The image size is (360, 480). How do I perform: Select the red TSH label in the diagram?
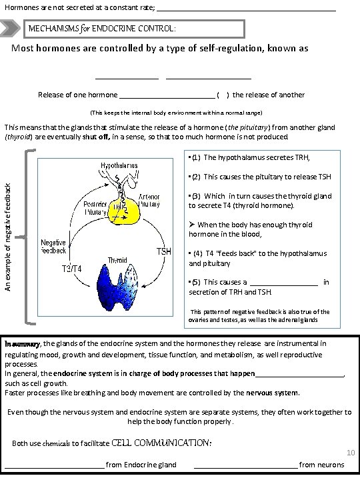(165, 251)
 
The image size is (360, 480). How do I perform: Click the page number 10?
(350, 453)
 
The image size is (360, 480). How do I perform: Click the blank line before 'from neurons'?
(245, 465)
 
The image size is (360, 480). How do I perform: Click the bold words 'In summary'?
(22, 343)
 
